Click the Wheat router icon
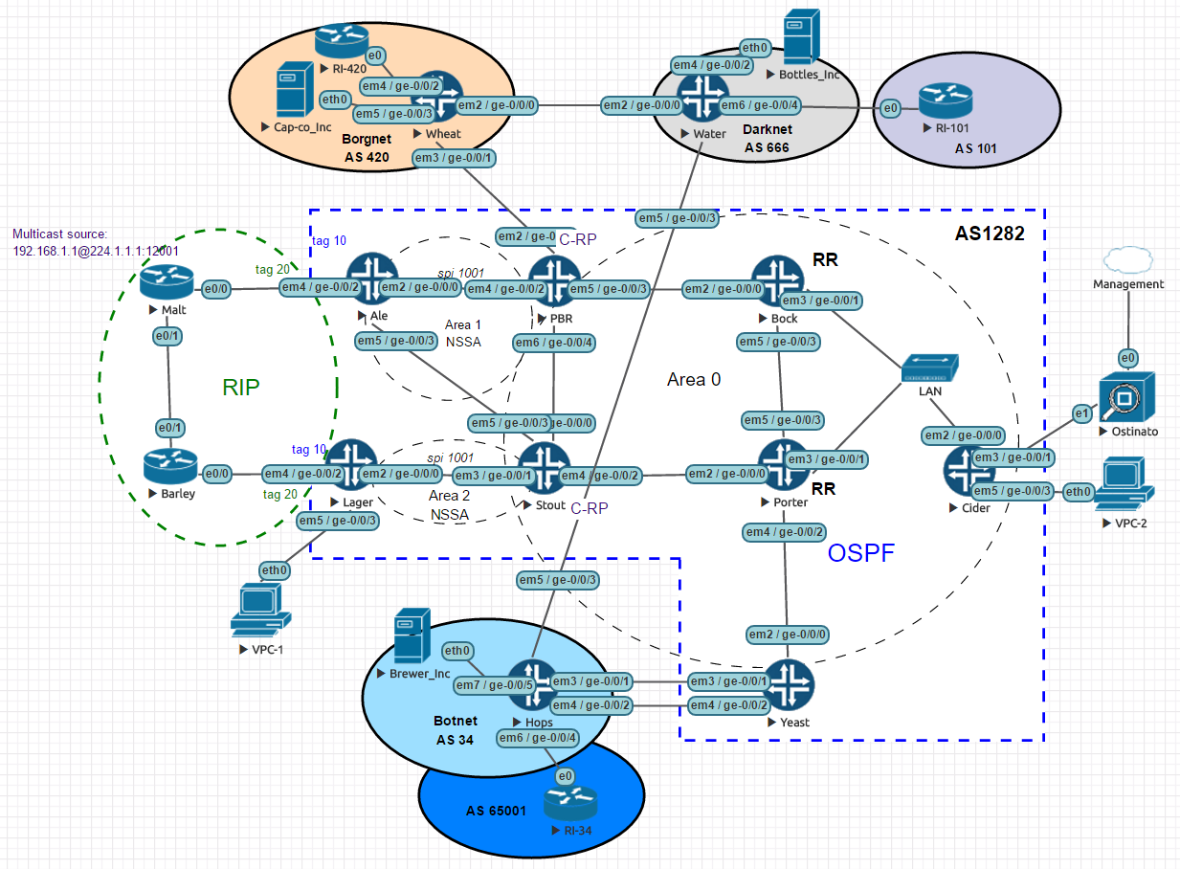(436, 97)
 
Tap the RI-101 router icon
(946, 102)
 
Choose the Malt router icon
(167, 280)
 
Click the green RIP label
(241, 387)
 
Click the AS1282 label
(990, 234)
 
